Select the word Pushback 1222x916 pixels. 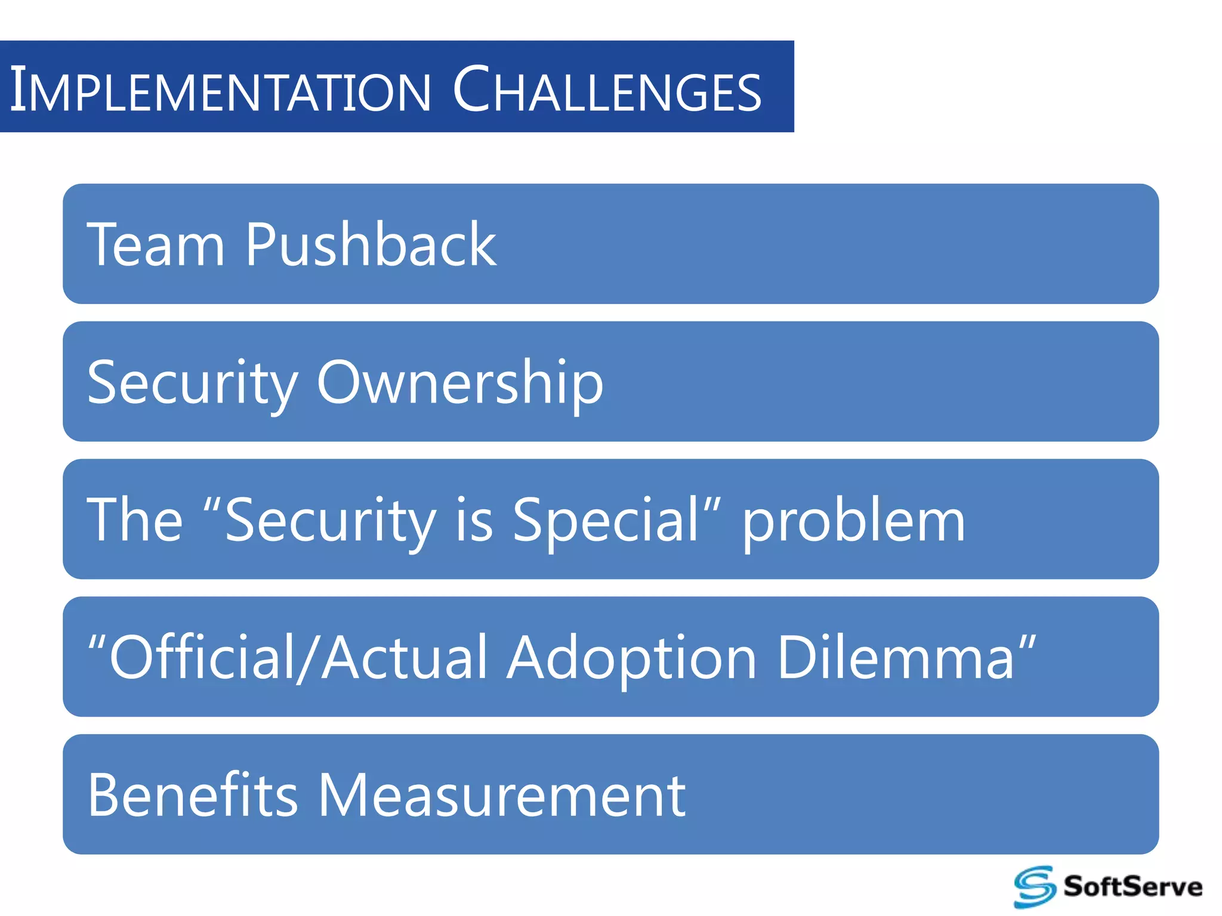coord(371,245)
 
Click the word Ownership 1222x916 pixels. coord(460,383)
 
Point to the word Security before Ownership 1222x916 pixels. coord(192,383)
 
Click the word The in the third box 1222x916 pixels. coord(134,520)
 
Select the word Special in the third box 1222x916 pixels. coord(606,520)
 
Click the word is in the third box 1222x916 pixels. coord(474,520)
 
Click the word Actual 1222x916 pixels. coord(406,658)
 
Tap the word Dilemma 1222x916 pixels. coord(895,658)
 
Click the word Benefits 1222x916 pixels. coord(192,795)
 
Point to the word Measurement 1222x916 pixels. coord(501,795)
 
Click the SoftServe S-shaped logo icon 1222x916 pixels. coord(1034,887)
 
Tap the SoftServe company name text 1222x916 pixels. coord(1132,887)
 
